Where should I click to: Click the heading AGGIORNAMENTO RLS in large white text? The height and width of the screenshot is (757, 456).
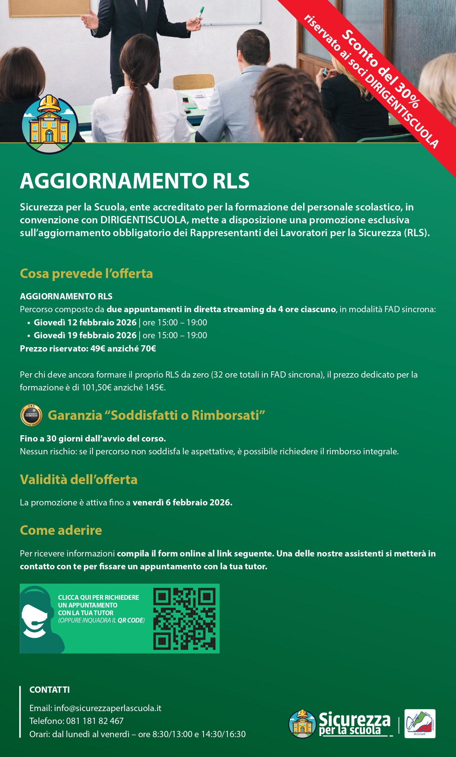click(x=134, y=181)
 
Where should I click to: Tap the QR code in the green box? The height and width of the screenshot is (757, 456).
click(x=184, y=619)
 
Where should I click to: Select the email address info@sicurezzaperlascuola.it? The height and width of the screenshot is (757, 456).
click(x=108, y=708)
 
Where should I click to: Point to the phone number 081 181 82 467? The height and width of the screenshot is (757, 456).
click(x=95, y=721)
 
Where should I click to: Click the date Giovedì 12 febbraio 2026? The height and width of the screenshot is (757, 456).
click(x=85, y=322)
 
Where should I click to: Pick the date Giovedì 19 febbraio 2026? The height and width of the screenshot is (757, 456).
click(x=85, y=335)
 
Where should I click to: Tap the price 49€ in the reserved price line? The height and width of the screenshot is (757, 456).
click(x=98, y=349)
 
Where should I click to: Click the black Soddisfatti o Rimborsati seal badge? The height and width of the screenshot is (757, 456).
click(x=31, y=415)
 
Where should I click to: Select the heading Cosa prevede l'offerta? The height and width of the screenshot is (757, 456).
click(x=86, y=274)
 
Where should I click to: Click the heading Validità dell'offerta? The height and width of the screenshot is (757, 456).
click(x=79, y=480)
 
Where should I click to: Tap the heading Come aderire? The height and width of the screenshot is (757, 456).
click(x=61, y=530)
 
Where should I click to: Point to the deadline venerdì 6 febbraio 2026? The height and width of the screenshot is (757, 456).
click(x=182, y=502)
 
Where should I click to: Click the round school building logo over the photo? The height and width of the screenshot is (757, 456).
click(x=50, y=125)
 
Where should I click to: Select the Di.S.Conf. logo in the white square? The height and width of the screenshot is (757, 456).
click(x=420, y=724)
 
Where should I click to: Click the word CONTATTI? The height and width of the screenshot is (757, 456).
click(x=50, y=690)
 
